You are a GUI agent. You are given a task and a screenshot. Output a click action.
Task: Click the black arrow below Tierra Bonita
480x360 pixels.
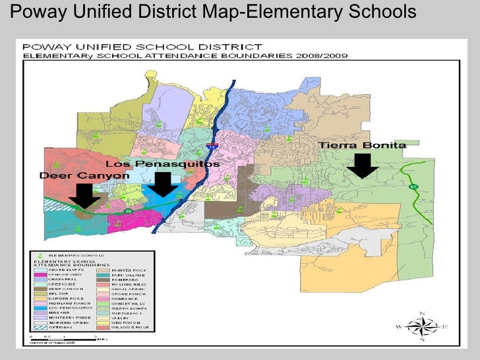(x=362, y=165)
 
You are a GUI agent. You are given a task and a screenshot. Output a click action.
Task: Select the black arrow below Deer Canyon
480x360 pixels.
(x=84, y=196)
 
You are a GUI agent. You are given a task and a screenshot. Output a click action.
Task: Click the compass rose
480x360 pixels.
(x=423, y=326)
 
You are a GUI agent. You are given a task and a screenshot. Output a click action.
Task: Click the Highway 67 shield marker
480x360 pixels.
(x=413, y=187)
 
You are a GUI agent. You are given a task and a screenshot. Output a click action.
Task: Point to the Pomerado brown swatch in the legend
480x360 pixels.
(x=102, y=281)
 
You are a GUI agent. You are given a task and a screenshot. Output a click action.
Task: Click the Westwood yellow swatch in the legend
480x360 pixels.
(x=102, y=321)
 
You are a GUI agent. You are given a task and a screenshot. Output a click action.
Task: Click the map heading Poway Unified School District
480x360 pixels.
(x=142, y=47)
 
